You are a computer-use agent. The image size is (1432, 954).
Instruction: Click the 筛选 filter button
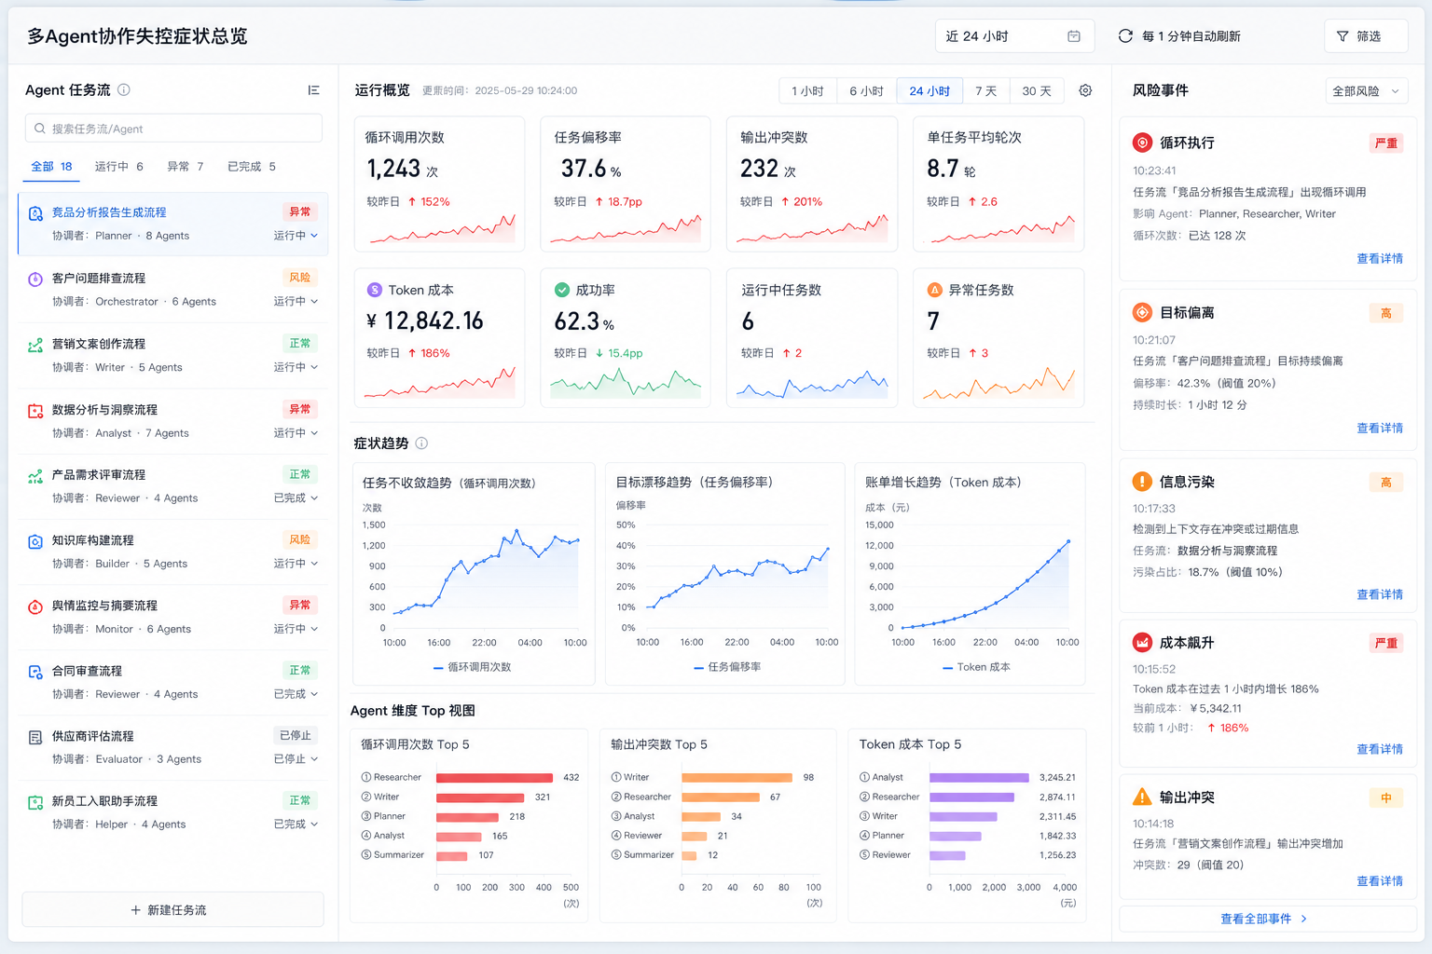(1366, 36)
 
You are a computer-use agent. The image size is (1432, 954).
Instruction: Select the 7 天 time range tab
(985, 90)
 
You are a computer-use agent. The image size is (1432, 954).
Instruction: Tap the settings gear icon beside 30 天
(1085, 90)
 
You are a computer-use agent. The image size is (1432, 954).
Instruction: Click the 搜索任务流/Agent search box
(173, 129)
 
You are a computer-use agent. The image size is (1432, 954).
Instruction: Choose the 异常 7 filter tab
(185, 167)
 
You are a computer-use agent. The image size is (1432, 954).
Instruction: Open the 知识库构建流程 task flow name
(92, 540)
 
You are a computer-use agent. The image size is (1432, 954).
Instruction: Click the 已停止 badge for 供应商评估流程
(296, 735)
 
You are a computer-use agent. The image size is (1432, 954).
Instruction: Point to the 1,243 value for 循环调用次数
(393, 169)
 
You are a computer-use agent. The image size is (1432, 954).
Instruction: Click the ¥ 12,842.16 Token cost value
(424, 320)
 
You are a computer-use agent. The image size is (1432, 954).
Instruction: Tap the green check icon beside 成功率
(561, 290)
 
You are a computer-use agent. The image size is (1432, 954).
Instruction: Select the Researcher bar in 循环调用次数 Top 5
(494, 778)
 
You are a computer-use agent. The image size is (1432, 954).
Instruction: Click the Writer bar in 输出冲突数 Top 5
(737, 778)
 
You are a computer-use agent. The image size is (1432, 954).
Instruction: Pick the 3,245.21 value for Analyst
(1057, 778)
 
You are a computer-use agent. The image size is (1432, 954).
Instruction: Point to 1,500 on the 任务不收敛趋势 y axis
(373, 525)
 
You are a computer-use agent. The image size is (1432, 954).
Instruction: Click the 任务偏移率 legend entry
(727, 667)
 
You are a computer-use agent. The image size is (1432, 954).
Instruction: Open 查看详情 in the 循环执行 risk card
(1380, 259)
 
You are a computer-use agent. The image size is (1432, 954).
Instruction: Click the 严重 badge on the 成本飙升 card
(1386, 643)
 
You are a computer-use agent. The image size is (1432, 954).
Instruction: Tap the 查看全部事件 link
(1263, 919)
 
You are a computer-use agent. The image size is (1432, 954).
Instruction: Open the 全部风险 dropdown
(1366, 91)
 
